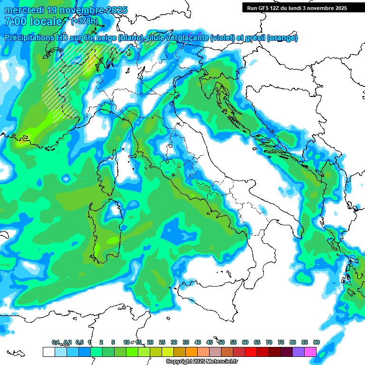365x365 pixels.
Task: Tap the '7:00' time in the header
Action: (x=15, y=22)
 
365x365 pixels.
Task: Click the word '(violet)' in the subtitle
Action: (x=226, y=38)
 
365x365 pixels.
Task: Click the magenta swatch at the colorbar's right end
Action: (x=311, y=352)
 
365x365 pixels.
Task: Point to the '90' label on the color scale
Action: (x=317, y=342)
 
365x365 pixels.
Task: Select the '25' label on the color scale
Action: (x=162, y=342)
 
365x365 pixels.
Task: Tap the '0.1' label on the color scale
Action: (x=56, y=342)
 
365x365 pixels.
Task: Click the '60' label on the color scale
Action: (x=245, y=342)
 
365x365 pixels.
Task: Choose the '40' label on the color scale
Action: (x=198, y=342)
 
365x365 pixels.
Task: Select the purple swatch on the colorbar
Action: (x=299, y=352)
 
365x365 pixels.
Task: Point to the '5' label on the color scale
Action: (x=113, y=342)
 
